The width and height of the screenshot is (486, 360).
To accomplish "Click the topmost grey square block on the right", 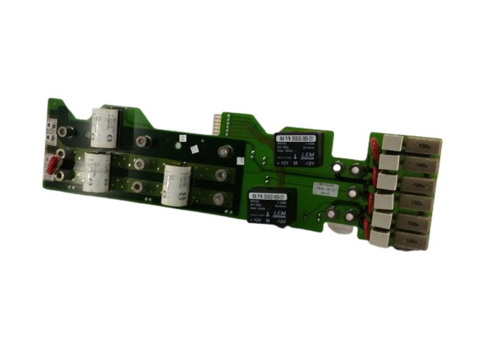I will click(393, 143).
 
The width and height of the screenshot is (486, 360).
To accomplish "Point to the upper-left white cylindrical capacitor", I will click(103, 126).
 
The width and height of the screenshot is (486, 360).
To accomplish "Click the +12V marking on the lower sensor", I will click(257, 221).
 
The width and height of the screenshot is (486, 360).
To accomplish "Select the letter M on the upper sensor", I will click(296, 164).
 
